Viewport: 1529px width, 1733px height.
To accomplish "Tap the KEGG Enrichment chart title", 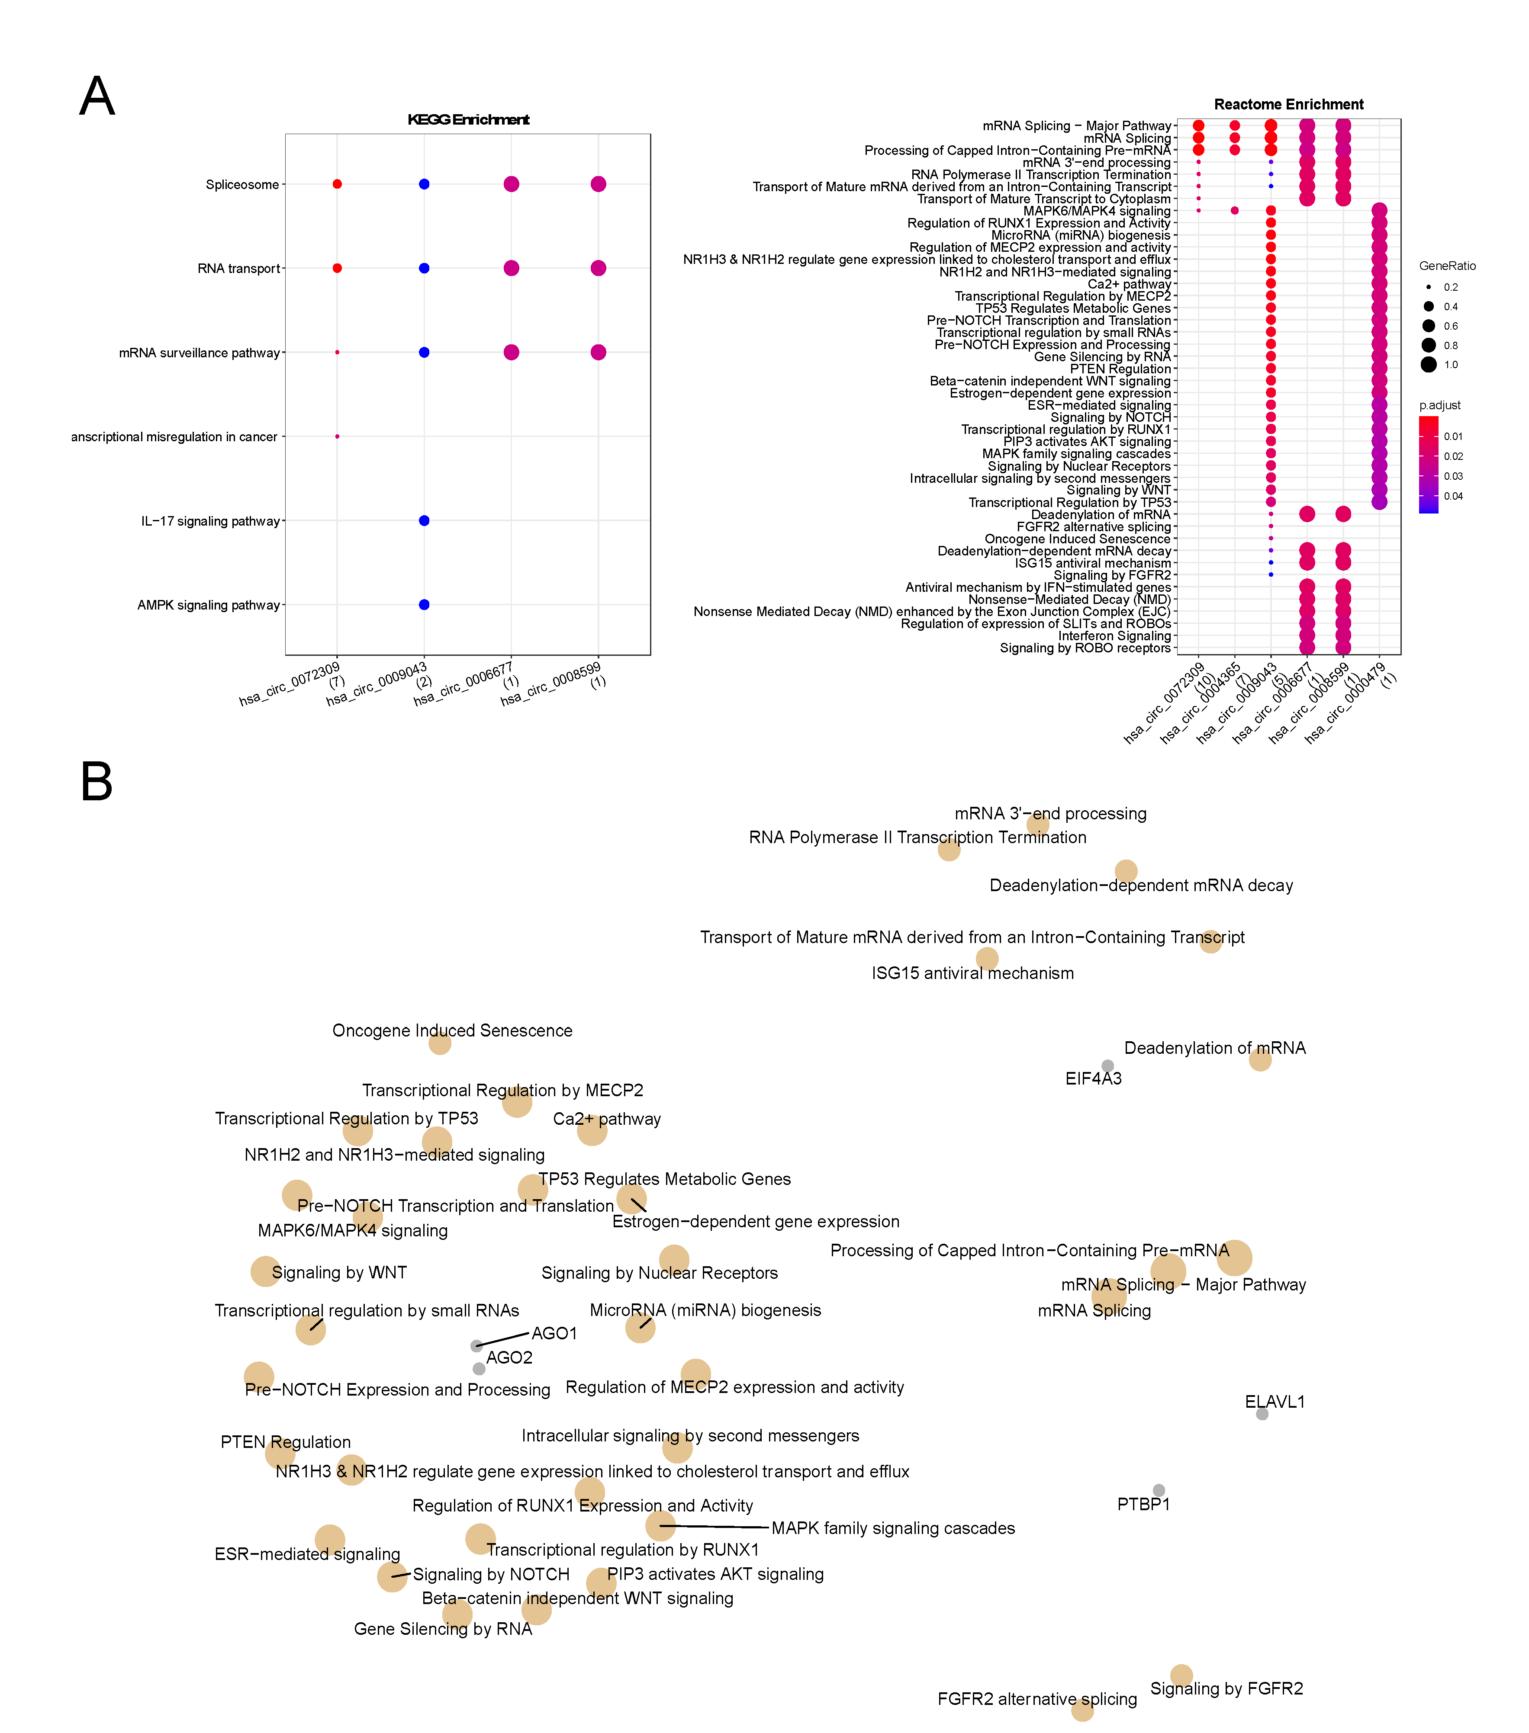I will pos(468,119).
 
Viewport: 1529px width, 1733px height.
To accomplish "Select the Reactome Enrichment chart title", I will pos(1288,104).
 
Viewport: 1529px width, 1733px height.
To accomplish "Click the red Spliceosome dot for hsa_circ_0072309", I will pos(337,184).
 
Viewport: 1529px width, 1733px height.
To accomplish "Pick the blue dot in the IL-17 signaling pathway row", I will pos(424,520).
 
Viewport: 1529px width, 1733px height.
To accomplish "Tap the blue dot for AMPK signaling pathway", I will pos(424,604).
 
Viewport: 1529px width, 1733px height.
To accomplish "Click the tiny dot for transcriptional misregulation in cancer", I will pos(337,436).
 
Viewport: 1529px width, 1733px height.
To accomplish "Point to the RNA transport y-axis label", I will pos(238,269).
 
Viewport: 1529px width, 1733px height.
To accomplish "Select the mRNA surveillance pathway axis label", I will pos(199,353).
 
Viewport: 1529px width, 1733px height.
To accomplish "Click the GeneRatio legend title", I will pos(1447,266).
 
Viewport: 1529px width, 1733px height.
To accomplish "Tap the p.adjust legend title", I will pos(1439,405).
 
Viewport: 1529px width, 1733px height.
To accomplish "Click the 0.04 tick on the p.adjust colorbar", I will pos(1453,497).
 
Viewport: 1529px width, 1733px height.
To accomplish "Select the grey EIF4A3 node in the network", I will pos(1107,1066).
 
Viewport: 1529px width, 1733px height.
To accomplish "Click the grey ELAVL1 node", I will pos(1262,1413).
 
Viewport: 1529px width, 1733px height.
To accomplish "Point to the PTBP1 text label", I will pos(1143,1504).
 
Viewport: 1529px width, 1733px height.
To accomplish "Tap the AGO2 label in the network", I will pos(509,1358).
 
